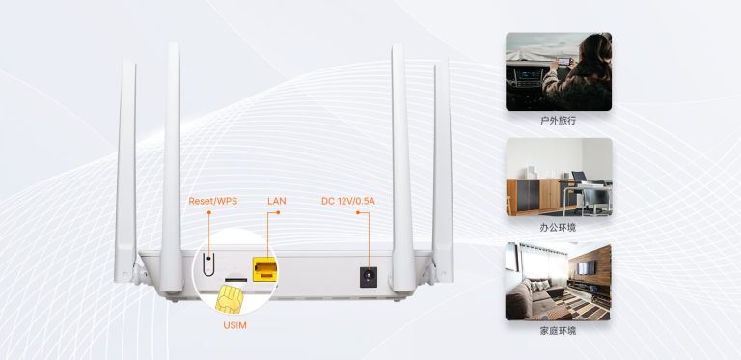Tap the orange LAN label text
point(276,201)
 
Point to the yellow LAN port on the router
point(262,269)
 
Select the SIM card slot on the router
point(233,277)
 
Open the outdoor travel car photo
point(559,70)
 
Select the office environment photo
point(559,177)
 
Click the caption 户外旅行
point(559,123)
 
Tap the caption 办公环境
point(559,228)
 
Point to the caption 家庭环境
point(559,332)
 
